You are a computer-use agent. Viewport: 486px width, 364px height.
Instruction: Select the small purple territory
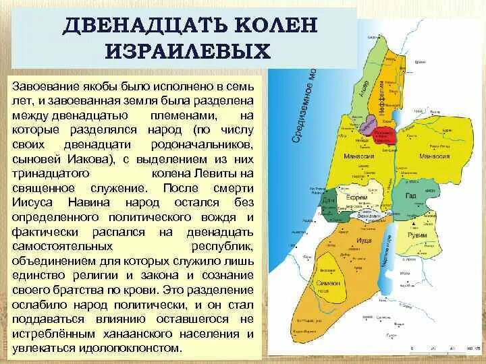coord(370,124)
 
